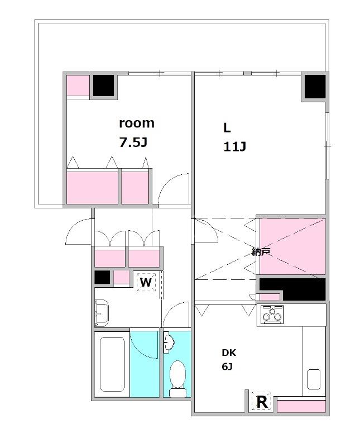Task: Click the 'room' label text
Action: (x=137, y=123)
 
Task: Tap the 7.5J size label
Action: (x=133, y=142)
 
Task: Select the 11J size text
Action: (x=234, y=146)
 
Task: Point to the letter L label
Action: (x=227, y=129)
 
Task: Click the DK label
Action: (x=229, y=353)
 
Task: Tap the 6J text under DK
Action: (x=227, y=367)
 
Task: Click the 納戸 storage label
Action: (x=261, y=251)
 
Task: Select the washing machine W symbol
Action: (x=146, y=282)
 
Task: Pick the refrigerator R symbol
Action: (x=262, y=402)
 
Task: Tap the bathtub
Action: (x=112, y=365)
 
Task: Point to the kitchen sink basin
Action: (x=314, y=379)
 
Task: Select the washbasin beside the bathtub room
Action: (x=102, y=313)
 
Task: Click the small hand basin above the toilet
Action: (x=169, y=343)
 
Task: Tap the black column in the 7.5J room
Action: (x=104, y=85)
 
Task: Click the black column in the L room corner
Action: (x=315, y=86)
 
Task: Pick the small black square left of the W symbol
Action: (x=102, y=277)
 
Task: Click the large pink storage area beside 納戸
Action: (x=292, y=246)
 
